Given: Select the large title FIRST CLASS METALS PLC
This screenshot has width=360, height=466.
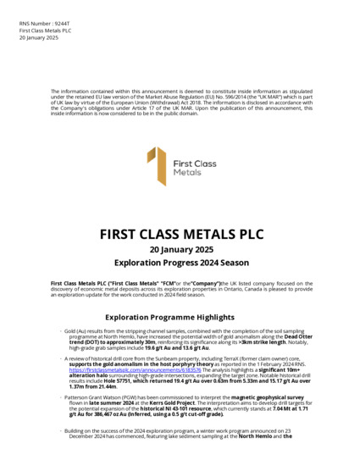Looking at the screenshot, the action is [x=180, y=234].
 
